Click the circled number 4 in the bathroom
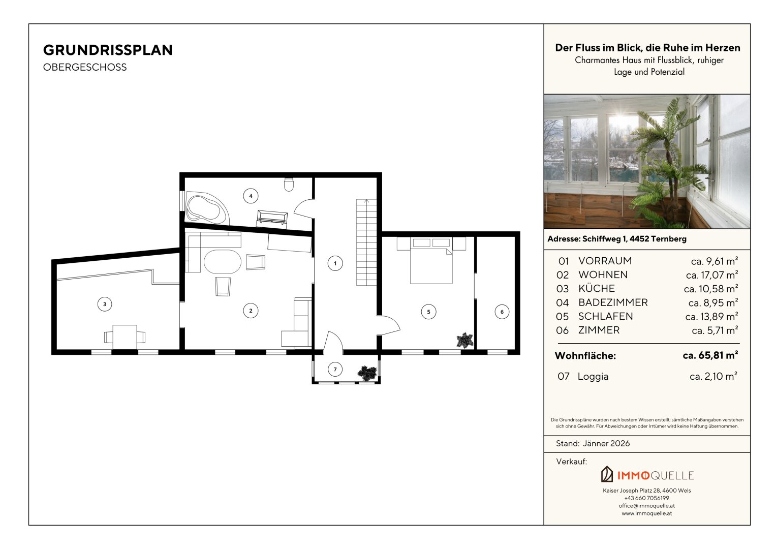(x=251, y=196)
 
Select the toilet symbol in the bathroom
(x=289, y=185)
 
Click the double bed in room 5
(x=431, y=260)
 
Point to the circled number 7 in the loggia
(x=335, y=370)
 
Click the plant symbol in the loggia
(x=367, y=373)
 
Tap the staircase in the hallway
(x=366, y=242)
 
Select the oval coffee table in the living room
(x=223, y=262)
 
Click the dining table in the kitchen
(x=125, y=337)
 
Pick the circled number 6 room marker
(x=502, y=312)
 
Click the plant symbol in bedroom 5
(x=464, y=340)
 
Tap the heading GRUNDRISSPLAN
(x=108, y=50)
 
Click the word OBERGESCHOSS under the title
(x=85, y=67)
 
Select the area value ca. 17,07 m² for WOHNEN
(x=712, y=275)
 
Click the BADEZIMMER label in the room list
(x=613, y=302)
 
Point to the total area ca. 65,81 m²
(x=710, y=355)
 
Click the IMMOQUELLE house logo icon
(x=607, y=474)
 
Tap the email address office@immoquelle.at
(x=647, y=506)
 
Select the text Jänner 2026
(x=606, y=444)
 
